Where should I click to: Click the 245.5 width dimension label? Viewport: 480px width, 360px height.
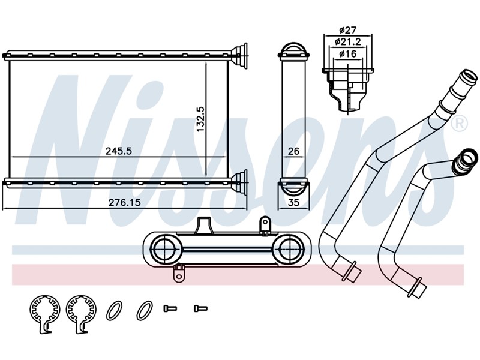(x=118, y=151)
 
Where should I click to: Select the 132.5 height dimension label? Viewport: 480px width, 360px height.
(x=201, y=119)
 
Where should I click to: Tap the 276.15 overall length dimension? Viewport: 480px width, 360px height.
(x=125, y=202)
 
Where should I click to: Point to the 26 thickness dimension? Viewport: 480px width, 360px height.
(x=293, y=151)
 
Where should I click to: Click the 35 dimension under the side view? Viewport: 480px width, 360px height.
(x=293, y=202)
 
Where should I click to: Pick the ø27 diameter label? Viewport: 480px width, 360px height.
(x=348, y=31)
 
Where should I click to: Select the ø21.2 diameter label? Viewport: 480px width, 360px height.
(x=348, y=41)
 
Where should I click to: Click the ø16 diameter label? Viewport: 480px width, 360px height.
(x=348, y=54)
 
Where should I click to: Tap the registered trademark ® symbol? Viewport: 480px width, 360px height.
(x=460, y=124)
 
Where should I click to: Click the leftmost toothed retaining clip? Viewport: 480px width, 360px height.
(x=45, y=313)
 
